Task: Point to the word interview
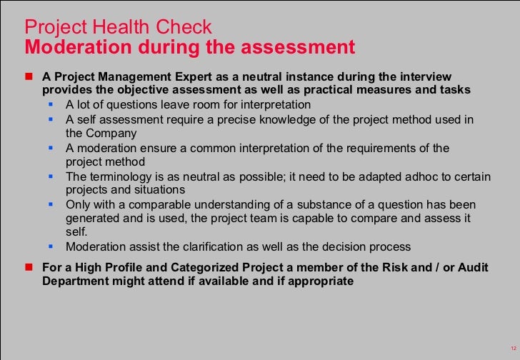point(425,76)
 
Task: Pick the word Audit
point(474,268)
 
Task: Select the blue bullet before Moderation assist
point(51,247)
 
